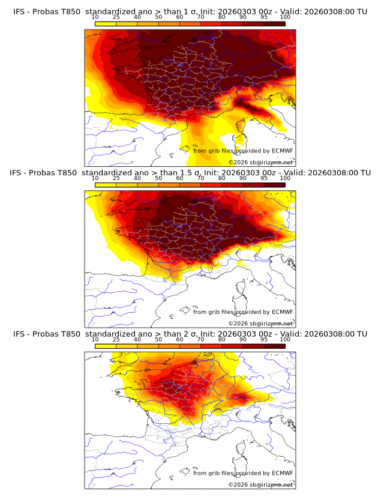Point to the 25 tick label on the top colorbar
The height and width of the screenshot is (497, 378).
(116, 17)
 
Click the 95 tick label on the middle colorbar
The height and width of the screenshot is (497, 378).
(264, 179)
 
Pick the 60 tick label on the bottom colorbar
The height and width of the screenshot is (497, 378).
(179, 340)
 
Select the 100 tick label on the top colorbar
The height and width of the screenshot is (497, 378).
(285, 17)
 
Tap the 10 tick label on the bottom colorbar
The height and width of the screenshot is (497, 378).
(95, 340)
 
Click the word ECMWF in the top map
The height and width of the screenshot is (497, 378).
(282, 151)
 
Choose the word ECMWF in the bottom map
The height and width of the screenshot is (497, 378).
(282, 473)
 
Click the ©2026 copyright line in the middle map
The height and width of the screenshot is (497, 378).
(261, 324)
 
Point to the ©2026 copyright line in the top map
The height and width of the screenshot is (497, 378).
(261, 163)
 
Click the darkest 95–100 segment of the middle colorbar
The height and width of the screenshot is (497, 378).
(275, 184)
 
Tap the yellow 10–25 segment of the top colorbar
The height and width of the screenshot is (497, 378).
(106, 23)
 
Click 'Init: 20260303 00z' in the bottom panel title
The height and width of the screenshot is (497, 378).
(238, 334)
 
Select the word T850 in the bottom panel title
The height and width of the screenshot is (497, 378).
(69, 334)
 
